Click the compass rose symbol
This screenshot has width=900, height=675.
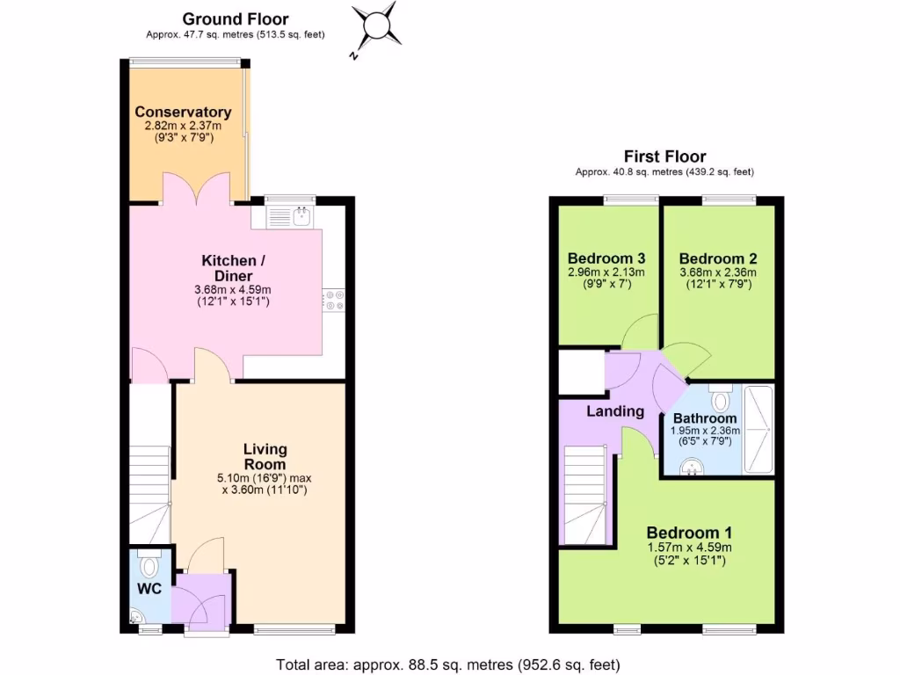(377, 24)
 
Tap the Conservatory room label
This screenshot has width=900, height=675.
(183, 112)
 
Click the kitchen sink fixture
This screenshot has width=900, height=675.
(299, 216)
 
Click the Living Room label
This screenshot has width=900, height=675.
(265, 457)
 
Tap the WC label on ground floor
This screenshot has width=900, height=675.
(149, 589)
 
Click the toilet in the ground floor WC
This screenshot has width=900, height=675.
(149, 563)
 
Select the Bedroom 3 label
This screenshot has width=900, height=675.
(606, 258)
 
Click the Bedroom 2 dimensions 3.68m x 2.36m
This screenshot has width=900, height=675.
(718, 272)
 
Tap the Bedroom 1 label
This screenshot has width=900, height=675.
(689, 533)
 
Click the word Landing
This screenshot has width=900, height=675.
(615, 411)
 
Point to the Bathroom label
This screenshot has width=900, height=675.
(705, 418)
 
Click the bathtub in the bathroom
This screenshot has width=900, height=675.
(758, 429)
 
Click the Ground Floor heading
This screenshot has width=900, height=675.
(235, 18)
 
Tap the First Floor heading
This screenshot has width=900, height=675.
(664, 156)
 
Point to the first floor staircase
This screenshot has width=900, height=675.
(584, 497)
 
